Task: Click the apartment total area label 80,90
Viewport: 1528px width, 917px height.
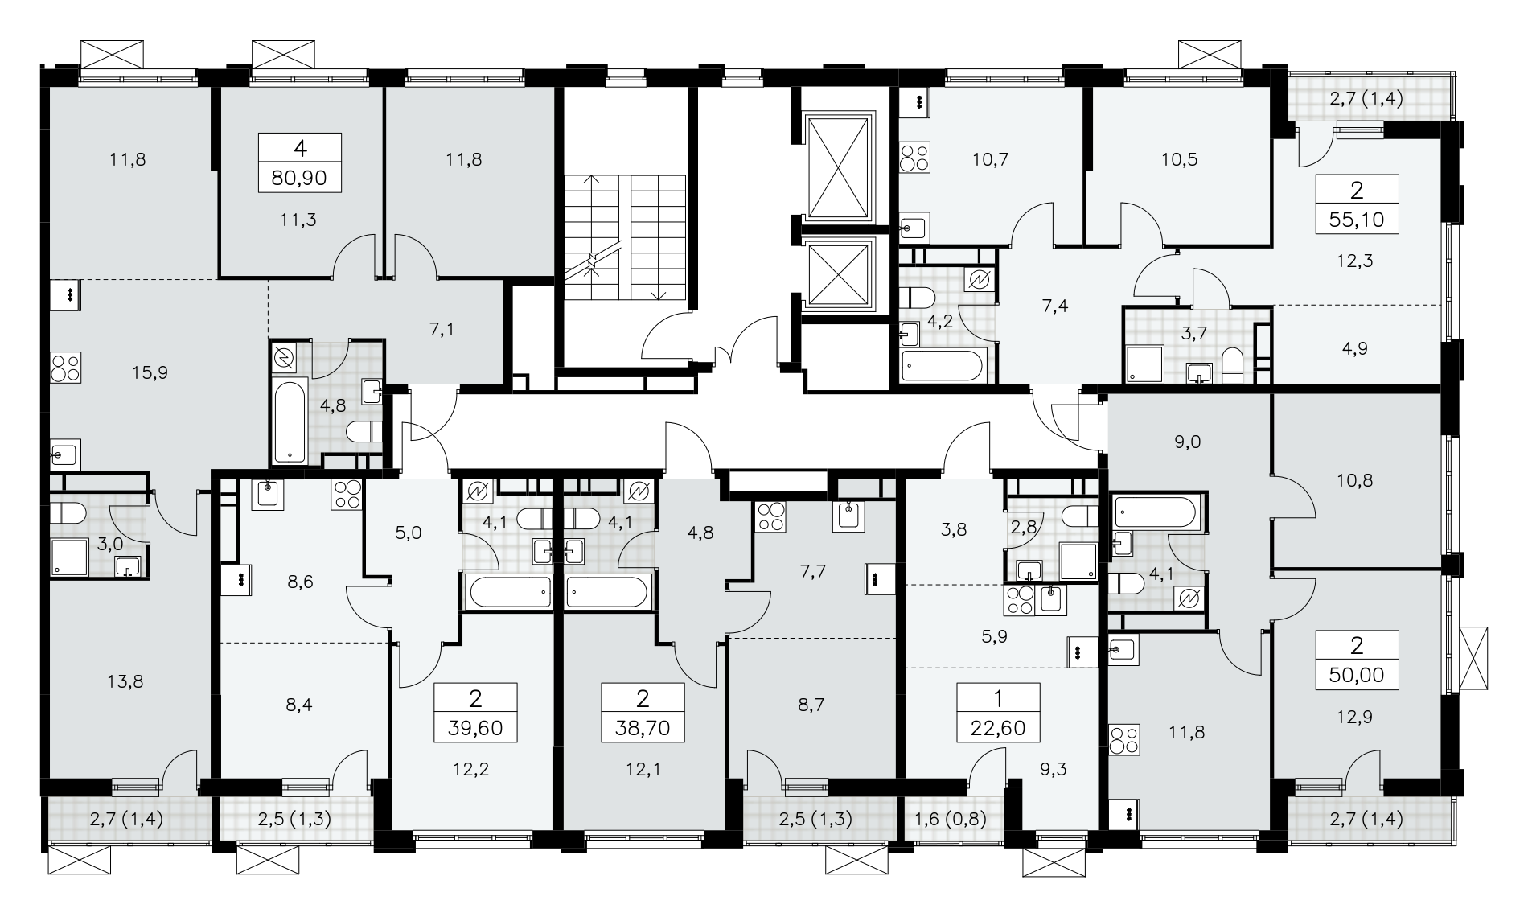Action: (300, 177)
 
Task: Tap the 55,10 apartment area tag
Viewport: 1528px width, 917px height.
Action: (1358, 218)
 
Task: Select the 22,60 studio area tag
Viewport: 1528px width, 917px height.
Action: (999, 730)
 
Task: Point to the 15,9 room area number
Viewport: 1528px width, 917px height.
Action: (152, 372)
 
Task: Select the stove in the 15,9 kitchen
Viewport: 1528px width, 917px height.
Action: (64, 368)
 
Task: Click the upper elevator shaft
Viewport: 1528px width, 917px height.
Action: (838, 168)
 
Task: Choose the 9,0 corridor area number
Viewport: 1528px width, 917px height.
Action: (1187, 441)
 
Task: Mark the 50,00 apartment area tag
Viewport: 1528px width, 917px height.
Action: (1358, 674)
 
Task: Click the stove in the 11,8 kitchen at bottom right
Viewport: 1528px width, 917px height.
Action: (1123, 740)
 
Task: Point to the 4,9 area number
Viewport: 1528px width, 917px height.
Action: (1354, 348)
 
